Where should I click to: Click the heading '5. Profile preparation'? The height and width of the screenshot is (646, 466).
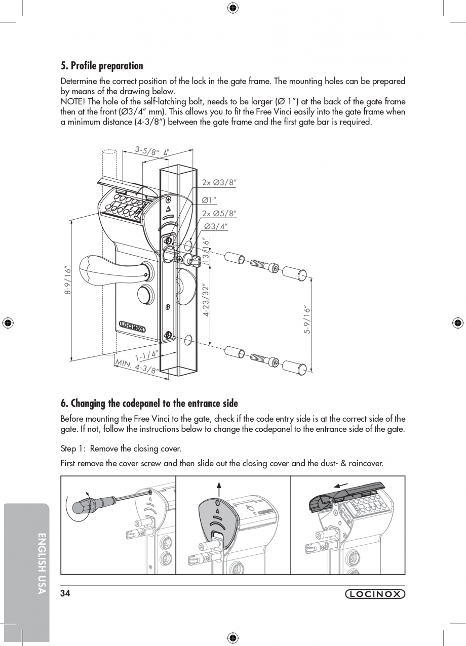(x=102, y=66)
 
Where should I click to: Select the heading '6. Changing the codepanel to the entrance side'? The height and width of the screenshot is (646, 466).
(x=149, y=403)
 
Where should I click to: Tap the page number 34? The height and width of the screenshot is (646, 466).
(x=65, y=594)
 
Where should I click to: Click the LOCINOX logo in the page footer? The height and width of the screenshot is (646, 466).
(x=375, y=594)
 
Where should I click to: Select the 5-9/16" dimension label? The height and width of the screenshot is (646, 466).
(x=306, y=319)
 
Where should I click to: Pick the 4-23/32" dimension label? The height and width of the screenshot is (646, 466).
(x=206, y=300)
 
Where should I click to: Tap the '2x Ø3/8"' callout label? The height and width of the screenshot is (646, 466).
(x=219, y=182)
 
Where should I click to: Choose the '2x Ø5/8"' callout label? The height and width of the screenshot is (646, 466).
(x=219, y=214)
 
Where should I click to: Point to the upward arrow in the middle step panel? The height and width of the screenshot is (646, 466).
(x=219, y=489)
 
